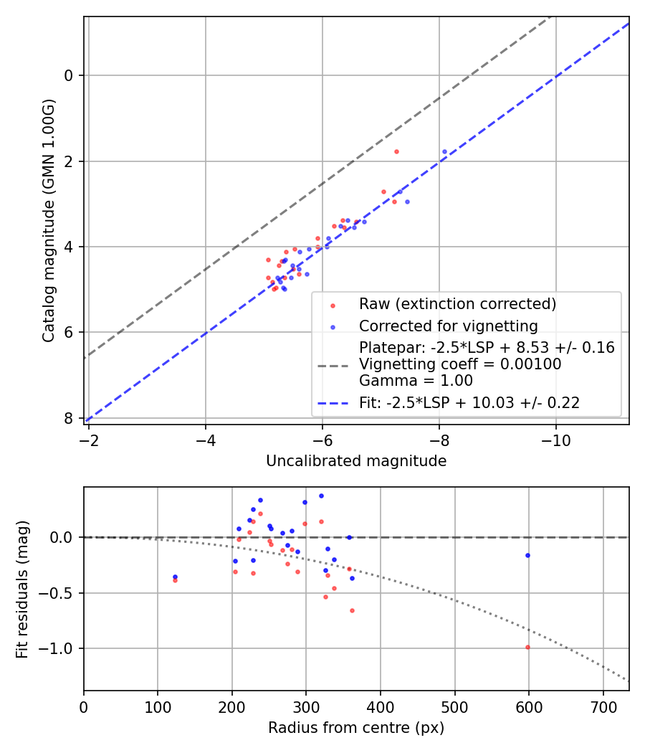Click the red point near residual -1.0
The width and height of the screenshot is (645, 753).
pyautogui.click(x=527, y=647)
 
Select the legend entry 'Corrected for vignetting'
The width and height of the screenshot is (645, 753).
pyautogui.click(x=448, y=326)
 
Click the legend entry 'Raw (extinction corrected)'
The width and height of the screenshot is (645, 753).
pyautogui.click(x=457, y=304)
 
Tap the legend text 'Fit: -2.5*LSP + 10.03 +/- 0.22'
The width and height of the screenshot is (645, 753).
pyautogui.click(x=469, y=403)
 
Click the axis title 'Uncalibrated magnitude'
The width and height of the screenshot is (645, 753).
pyautogui.click(x=356, y=461)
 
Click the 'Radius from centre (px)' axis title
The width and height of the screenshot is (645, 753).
pyautogui.click(x=356, y=728)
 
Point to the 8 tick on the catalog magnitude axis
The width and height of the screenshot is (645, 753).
pyautogui.click(x=69, y=418)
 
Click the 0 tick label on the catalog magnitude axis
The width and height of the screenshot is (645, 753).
pyautogui.click(x=69, y=75)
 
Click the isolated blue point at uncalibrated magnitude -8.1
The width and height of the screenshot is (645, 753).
pyautogui.click(x=444, y=151)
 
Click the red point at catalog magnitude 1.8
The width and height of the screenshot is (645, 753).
pyautogui.click(x=396, y=151)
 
